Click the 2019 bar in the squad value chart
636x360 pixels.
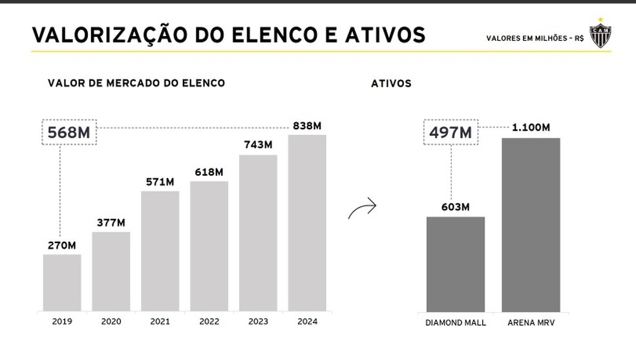(62, 282)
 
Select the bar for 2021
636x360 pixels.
(160, 251)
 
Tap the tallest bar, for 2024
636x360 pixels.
(307, 223)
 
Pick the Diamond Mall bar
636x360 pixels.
(455, 264)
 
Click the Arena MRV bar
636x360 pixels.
(531, 224)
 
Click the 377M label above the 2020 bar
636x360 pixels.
(111, 223)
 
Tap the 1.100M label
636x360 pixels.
(531, 128)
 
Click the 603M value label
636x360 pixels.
(455, 207)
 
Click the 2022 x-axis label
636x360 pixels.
(209, 321)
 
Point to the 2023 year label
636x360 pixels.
(258, 321)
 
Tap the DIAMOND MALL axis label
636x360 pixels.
(455, 322)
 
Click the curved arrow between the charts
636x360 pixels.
(362, 209)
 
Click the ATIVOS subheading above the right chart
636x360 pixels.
(391, 84)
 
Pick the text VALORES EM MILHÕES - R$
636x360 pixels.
(535, 38)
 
